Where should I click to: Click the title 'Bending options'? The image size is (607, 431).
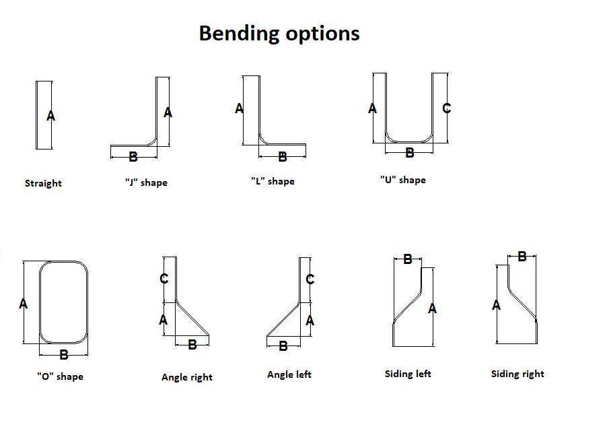(279, 34)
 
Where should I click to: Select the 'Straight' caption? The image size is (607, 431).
(43, 183)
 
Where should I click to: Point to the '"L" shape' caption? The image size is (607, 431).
(273, 181)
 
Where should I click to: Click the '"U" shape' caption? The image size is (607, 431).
(402, 180)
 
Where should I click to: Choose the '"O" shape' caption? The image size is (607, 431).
(60, 376)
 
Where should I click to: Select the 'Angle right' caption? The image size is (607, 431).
(187, 377)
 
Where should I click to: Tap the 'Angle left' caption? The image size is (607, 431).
(289, 374)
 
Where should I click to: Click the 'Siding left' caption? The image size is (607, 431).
(408, 374)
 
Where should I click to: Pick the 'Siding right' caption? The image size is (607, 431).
(517, 374)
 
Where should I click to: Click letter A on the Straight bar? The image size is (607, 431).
(50, 117)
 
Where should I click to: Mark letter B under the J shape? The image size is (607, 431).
(133, 157)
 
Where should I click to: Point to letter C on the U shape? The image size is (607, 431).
(446, 108)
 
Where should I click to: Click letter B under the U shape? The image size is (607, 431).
(409, 153)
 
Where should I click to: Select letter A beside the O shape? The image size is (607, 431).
(24, 304)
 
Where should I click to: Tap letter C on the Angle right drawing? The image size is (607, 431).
(164, 279)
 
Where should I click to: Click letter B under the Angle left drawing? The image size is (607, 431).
(283, 345)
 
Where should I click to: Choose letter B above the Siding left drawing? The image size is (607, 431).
(407, 259)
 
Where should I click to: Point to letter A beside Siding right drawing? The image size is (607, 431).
(497, 305)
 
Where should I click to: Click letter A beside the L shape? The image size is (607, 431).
(239, 108)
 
